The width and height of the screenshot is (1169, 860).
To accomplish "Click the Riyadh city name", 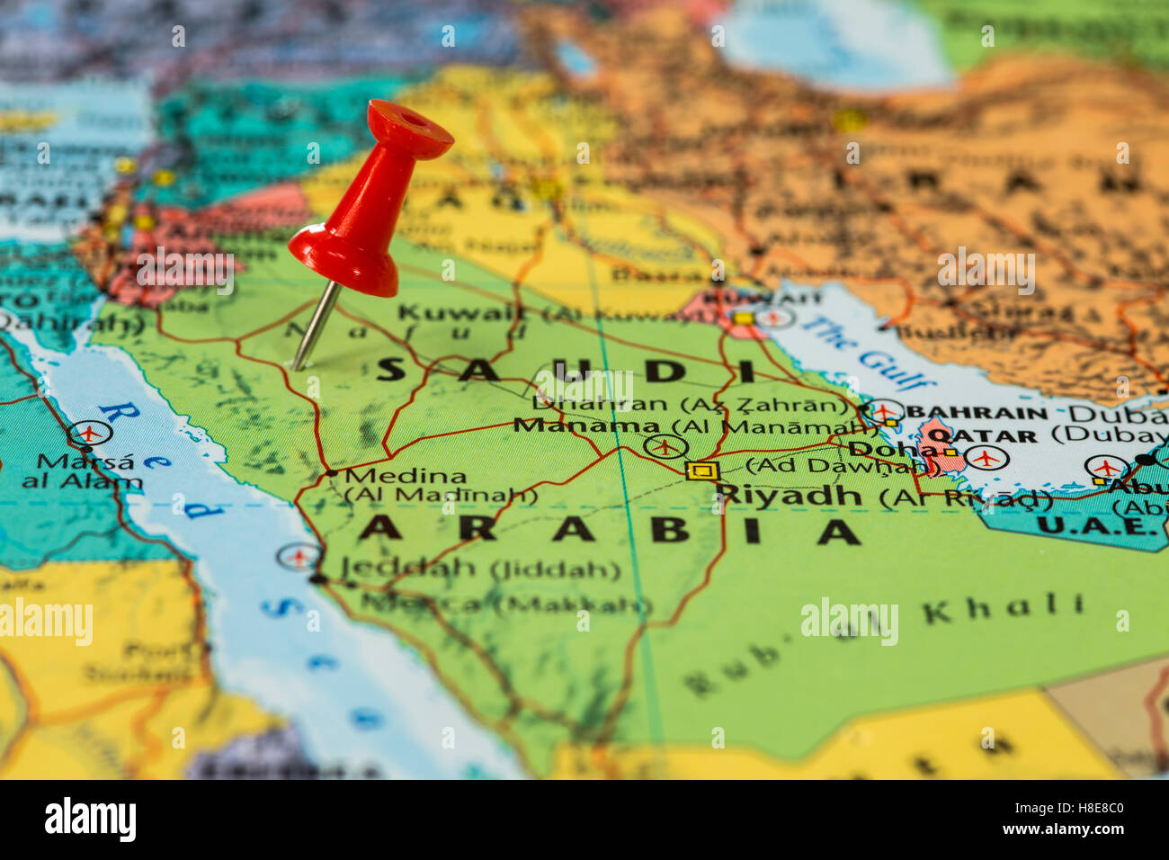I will [789, 494].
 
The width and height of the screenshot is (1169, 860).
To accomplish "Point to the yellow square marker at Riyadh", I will [701, 470].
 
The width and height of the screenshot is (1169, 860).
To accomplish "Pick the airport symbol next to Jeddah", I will [298, 556].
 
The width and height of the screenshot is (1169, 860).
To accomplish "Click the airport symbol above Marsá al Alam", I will [89, 434].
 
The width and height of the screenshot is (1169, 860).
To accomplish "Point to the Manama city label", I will [586, 425].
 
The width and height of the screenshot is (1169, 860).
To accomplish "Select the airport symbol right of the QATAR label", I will [986, 458].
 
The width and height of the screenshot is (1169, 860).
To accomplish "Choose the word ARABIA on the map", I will [608, 530].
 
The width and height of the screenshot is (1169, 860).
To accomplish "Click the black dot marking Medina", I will [331, 472].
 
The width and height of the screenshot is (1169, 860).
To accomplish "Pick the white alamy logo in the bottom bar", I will [90, 820].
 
